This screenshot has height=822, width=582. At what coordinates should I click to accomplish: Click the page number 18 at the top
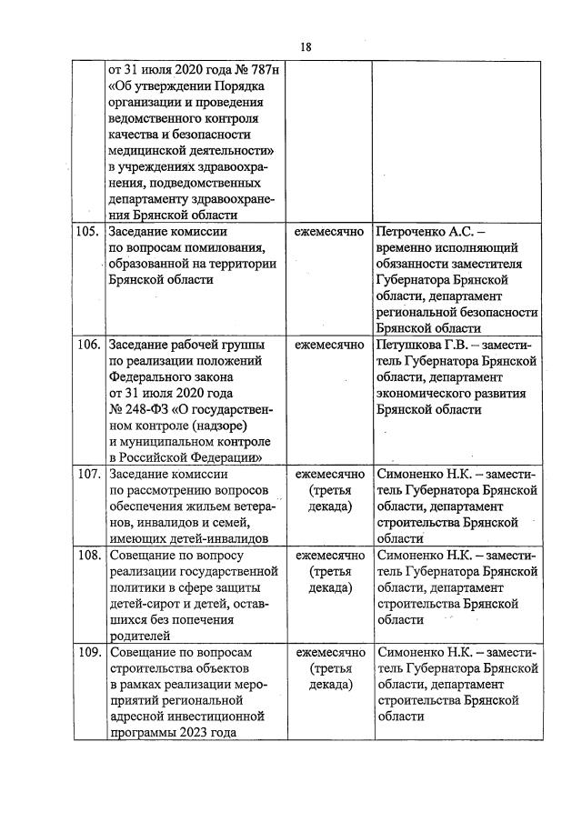(305, 47)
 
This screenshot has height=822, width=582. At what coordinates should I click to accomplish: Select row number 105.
(88, 232)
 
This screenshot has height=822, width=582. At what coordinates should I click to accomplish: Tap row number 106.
(88, 346)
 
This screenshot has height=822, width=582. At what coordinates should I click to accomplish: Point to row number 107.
(88, 475)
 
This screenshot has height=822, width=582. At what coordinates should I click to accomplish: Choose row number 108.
(88, 555)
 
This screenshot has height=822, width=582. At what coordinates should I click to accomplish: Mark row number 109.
(88, 652)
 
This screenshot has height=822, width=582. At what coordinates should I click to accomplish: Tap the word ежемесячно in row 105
(329, 232)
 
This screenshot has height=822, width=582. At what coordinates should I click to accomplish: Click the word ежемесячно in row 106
(329, 346)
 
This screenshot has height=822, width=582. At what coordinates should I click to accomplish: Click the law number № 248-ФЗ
(136, 410)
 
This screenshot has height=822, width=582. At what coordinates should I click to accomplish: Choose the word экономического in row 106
(425, 394)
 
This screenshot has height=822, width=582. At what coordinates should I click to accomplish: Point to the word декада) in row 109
(329, 685)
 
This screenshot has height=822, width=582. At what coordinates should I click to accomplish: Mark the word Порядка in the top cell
(234, 85)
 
